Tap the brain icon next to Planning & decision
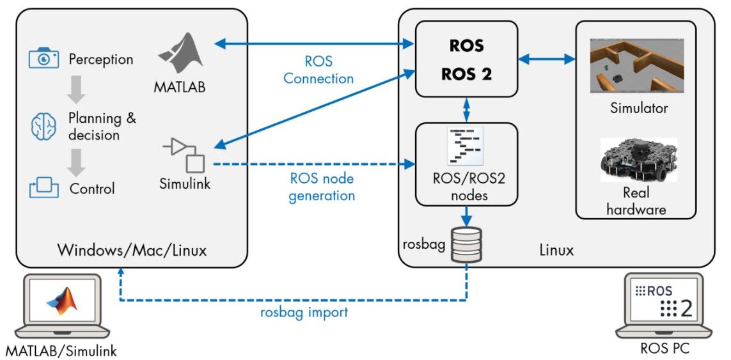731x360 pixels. coord(44,127)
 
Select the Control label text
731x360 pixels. coord(92,189)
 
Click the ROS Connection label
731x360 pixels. coord(318,71)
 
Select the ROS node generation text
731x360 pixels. coord(322,187)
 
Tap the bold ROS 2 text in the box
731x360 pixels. coord(466,74)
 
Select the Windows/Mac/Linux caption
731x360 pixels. coord(132,249)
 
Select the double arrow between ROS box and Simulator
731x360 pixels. coord(547,59)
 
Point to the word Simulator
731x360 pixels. coord(638,108)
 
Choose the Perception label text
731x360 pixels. coord(101,59)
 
